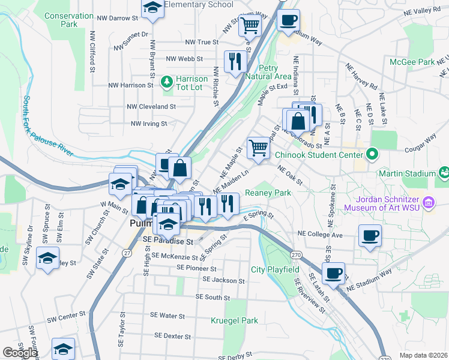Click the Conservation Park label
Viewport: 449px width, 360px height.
pyautogui.click(x=68, y=20)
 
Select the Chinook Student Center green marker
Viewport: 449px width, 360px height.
pyautogui.click(x=372, y=155)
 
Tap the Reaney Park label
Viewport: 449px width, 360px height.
pyautogui.click(x=268, y=193)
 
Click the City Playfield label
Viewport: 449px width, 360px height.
pyautogui.click(x=275, y=270)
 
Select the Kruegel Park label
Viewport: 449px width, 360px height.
pyautogui.click(x=234, y=320)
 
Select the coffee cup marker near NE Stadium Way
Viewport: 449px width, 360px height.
pyautogui.click(x=333, y=273)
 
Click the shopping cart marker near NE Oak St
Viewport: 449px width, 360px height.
pyautogui.click(x=258, y=146)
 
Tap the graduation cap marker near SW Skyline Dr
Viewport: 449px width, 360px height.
pyautogui.click(x=47, y=258)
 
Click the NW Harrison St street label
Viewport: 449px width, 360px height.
pyautogui.click(x=127, y=85)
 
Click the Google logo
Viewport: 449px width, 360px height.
pyautogui.click(x=19, y=353)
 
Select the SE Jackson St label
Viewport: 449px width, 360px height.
pyautogui.click(x=223, y=280)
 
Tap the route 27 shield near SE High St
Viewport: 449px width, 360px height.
pyautogui.click(x=127, y=253)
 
